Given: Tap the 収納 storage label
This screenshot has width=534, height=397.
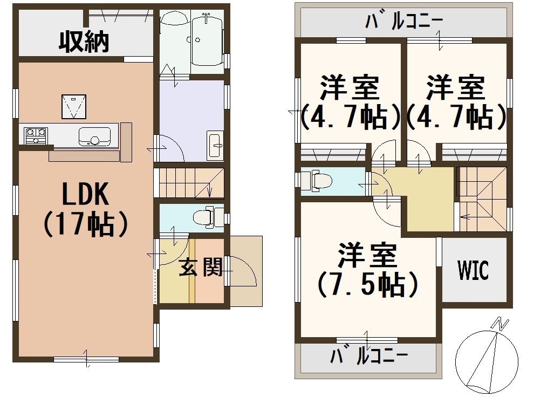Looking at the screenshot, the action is click(x=84, y=42).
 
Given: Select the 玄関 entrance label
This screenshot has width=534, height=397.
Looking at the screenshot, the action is click(x=201, y=266).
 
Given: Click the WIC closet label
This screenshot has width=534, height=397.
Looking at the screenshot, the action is click(x=474, y=270).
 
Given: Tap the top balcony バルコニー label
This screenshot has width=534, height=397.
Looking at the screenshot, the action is click(x=404, y=21).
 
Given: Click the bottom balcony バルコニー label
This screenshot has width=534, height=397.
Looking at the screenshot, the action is click(x=368, y=356).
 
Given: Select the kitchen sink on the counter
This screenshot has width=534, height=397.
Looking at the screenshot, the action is click(x=95, y=136).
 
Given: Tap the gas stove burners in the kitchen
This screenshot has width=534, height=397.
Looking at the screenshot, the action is click(x=36, y=135).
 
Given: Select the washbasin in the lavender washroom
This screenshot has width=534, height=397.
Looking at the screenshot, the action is click(x=215, y=145).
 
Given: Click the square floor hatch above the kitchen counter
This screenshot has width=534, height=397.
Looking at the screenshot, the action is click(x=73, y=107).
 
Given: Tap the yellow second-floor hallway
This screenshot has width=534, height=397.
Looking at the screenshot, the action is click(x=426, y=198).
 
